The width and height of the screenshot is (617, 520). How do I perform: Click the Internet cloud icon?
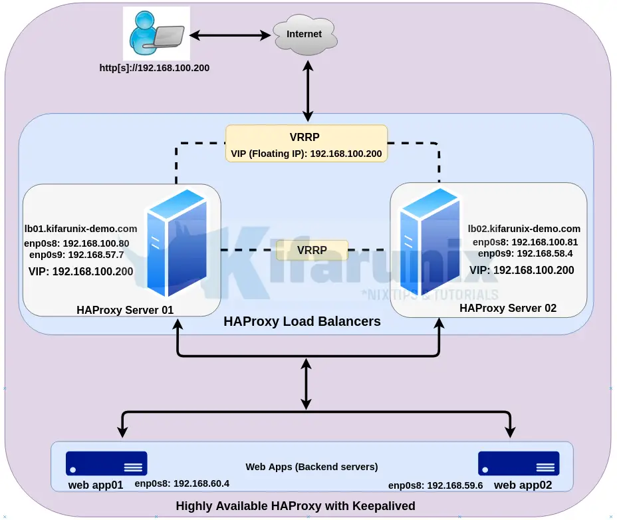click(304, 35)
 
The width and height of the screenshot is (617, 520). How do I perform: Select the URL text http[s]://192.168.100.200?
click(154, 67)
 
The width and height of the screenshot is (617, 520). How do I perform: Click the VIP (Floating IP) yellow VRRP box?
click(306, 144)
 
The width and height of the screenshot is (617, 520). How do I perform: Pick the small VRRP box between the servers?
click(312, 250)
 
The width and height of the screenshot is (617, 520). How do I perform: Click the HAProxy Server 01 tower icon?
click(176, 243)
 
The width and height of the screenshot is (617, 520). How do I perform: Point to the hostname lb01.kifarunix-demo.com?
click(80, 228)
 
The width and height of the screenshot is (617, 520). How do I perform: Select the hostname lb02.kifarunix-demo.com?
click(524, 228)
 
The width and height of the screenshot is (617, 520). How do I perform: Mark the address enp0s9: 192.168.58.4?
click(525, 253)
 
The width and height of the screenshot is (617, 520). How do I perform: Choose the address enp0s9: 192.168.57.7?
click(76, 255)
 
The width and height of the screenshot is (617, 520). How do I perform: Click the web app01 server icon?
click(106, 463)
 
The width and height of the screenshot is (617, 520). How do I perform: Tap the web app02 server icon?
click(519, 463)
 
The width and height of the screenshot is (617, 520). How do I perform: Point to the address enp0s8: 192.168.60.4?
click(182, 483)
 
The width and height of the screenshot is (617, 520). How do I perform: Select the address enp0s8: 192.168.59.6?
click(435, 485)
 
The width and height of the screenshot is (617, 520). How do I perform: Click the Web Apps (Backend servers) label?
click(312, 466)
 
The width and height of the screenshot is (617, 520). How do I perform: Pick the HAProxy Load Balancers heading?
click(302, 321)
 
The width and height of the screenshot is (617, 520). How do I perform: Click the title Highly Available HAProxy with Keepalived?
click(295, 506)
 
